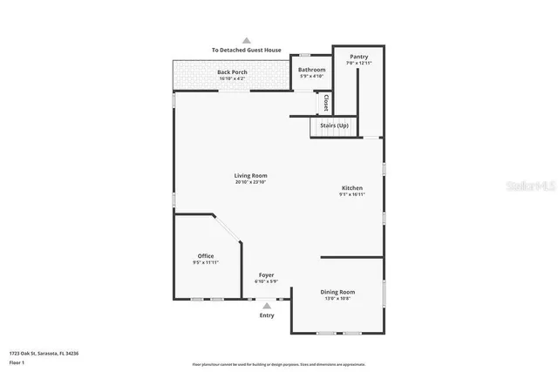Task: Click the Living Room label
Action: coord(250,176)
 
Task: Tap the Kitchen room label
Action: coord(352,188)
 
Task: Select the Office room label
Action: coord(205,256)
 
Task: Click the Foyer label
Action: coord(266,275)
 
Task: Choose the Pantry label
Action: coord(358,57)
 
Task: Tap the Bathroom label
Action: coord(311,70)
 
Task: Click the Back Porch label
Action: coord(232,72)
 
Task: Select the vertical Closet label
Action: coord(325,103)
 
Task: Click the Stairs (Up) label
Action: coord(334,126)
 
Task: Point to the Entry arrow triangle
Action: coord(267,306)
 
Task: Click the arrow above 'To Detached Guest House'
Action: coord(247,40)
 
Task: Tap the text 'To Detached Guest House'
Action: coord(247,51)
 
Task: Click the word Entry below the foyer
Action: coord(267,315)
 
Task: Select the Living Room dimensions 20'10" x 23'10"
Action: coord(250,182)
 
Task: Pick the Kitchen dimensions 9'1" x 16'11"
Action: coord(352,194)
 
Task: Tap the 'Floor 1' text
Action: coord(17,362)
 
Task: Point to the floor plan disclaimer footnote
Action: coord(278,364)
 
